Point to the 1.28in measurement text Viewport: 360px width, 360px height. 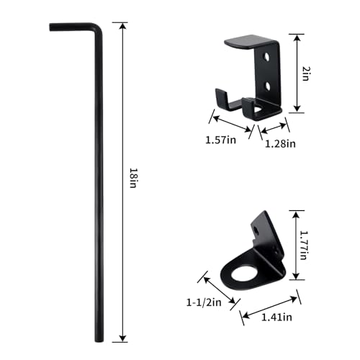click(279, 144)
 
